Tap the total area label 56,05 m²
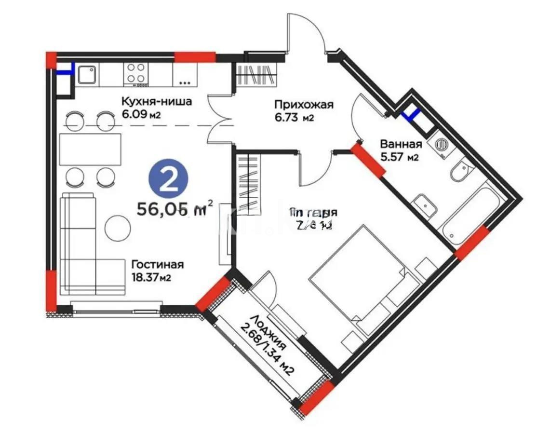(x=175, y=209)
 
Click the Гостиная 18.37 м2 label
(x=157, y=271)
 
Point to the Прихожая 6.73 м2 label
(x=304, y=110)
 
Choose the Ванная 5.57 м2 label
(x=401, y=150)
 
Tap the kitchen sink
(x=87, y=75)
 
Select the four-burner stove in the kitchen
(x=136, y=75)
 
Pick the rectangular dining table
(x=90, y=149)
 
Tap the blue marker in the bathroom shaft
(x=411, y=114)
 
